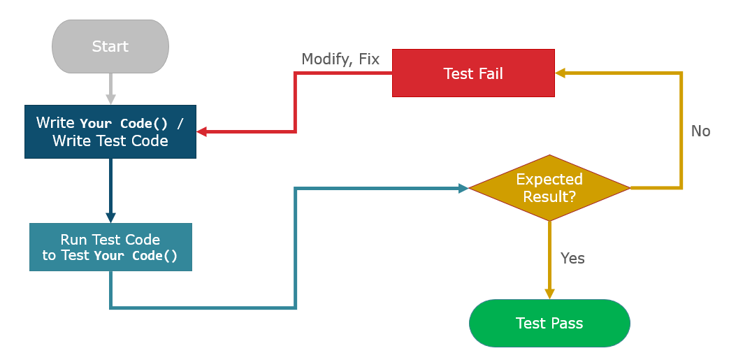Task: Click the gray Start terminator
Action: tap(110, 47)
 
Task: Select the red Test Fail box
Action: tap(473, 73)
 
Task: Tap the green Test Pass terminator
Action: tap(549, 323)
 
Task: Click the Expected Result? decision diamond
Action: tap(549, 188)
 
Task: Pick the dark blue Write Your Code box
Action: tap(110, 131)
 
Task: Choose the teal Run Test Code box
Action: tap(110, 247)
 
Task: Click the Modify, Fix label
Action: tap(340, 59)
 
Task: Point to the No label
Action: tap(700, 131)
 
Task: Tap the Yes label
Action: tap(572, 258)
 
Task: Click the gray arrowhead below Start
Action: tap(110, 99)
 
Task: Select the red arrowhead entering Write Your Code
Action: tap(202, 131)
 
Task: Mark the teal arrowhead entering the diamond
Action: tap(463, 188)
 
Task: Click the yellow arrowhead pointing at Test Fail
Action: tap(561, 73)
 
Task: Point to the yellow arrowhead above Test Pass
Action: tap(549, 294)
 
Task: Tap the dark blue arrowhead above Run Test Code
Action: tap(110, 217)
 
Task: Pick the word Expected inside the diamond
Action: tap(549, 179)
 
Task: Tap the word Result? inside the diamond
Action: tap(549, 196)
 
